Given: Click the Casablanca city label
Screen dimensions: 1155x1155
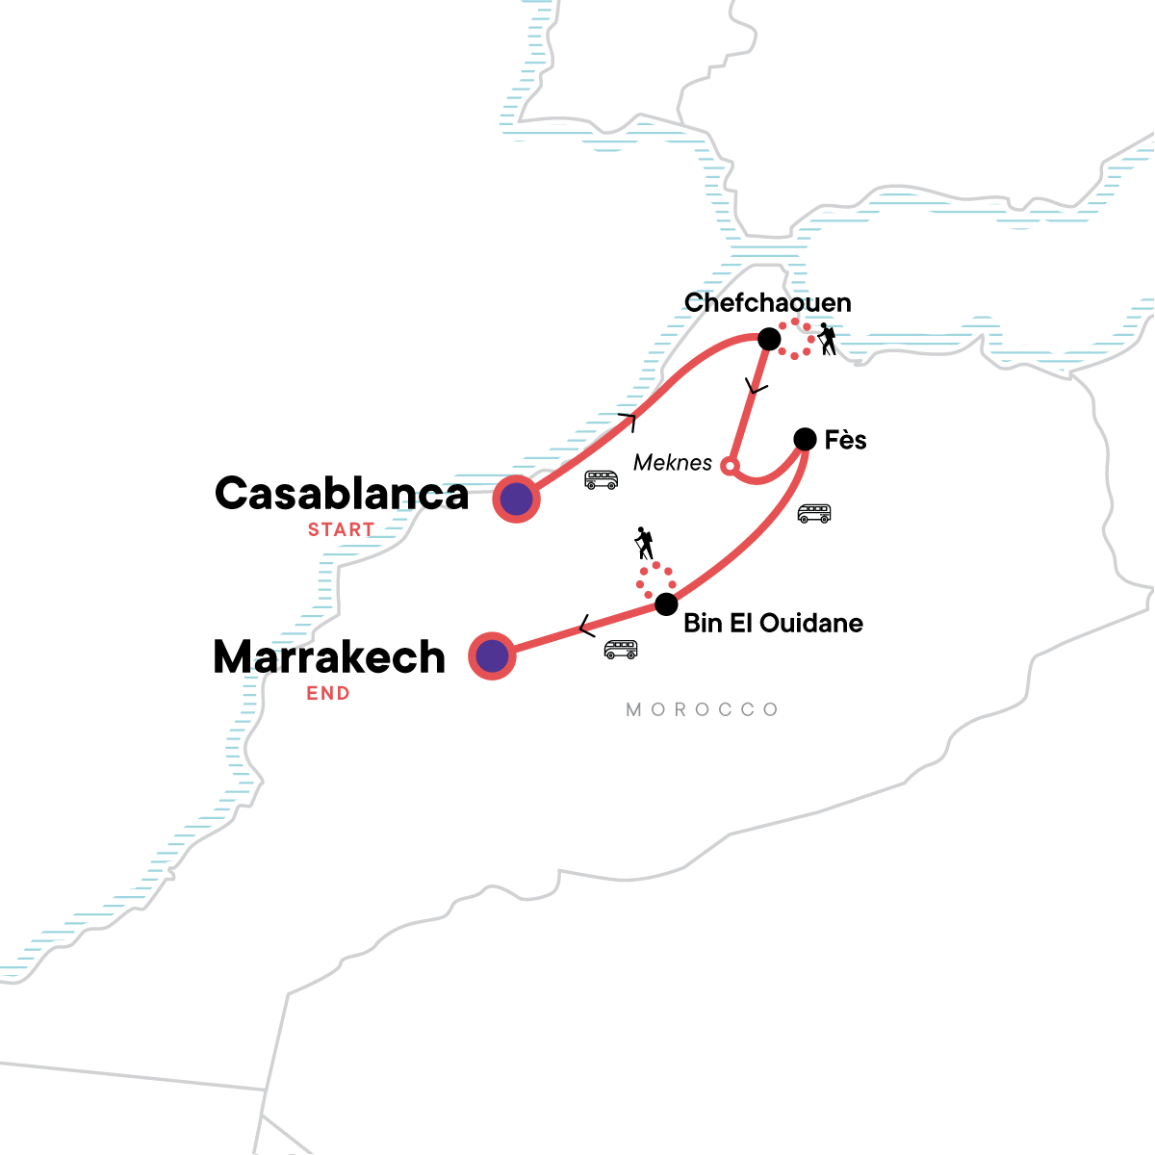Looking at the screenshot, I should (341, 494).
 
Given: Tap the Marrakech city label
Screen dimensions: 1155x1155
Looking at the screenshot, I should (329, 657).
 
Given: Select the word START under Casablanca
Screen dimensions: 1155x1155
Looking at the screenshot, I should (341, 529).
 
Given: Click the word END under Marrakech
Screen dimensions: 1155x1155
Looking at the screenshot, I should (328, 693).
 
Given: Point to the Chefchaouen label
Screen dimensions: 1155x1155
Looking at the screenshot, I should (767, 303).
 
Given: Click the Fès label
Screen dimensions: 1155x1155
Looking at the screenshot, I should (845, 441).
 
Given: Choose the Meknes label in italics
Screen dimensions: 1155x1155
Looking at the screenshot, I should (673, 463).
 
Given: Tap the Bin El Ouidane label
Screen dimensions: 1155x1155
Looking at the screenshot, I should (773, 624).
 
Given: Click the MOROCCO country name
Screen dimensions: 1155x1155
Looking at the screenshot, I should (702, 710).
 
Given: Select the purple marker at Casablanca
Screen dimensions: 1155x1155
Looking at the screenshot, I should (516, 500).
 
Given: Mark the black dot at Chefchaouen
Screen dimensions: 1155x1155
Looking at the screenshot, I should (769, 339).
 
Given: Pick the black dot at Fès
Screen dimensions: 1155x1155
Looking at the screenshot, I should (805, 440).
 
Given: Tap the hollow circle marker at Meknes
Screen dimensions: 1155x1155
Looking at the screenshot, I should (730, 467).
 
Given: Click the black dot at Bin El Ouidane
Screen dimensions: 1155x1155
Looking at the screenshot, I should (665, 604).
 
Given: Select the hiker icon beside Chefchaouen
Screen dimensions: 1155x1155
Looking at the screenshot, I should (826, 339).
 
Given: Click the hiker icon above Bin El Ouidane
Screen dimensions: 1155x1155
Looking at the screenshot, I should (644, 544).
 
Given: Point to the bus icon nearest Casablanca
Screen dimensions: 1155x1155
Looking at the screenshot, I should (602, 479).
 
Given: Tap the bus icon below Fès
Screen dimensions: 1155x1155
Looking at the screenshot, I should (814, 513).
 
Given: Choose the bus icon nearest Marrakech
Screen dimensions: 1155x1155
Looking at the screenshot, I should (621, 650).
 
